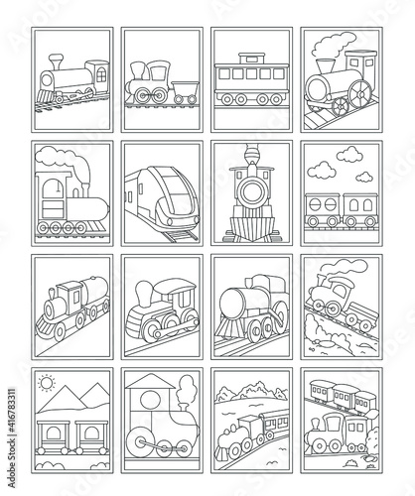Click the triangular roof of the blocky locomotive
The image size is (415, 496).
151,383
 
